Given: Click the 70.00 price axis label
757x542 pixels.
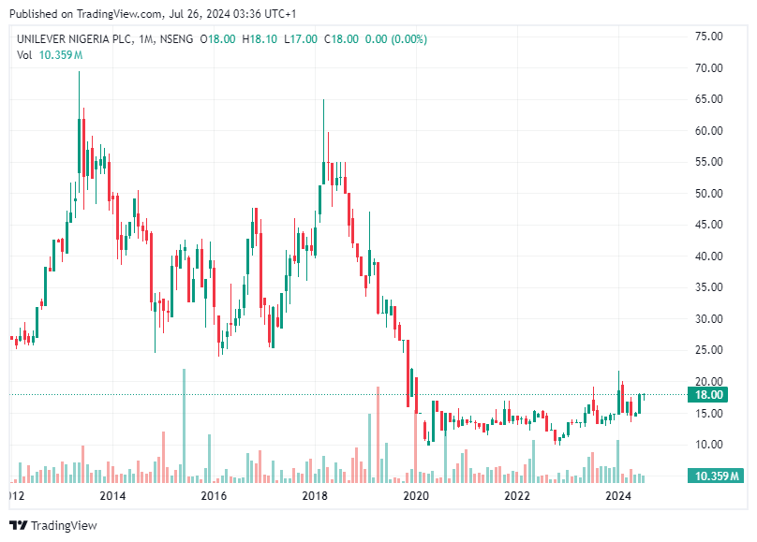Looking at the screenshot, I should coord(707,68).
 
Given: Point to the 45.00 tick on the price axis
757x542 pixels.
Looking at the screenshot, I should coord(707,225).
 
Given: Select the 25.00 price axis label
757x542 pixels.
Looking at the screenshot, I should coord(707,350).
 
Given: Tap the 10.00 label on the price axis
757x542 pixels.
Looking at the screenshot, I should coord(707,444).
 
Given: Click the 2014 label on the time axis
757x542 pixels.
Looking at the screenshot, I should coord(112,495).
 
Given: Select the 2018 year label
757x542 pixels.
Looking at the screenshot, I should coord(315,495).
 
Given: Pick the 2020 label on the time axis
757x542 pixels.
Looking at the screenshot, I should coord(416,495).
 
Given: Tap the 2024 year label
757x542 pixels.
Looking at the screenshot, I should coord(617,495).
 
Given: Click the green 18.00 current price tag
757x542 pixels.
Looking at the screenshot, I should coord(707,395).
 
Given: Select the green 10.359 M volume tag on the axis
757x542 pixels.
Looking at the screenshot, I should coord(717,476).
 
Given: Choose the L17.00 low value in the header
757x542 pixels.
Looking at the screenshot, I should coord(303,39).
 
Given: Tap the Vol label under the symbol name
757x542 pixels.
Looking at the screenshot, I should coord(24,55).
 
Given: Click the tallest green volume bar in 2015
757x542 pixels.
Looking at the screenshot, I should coord(184,426).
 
